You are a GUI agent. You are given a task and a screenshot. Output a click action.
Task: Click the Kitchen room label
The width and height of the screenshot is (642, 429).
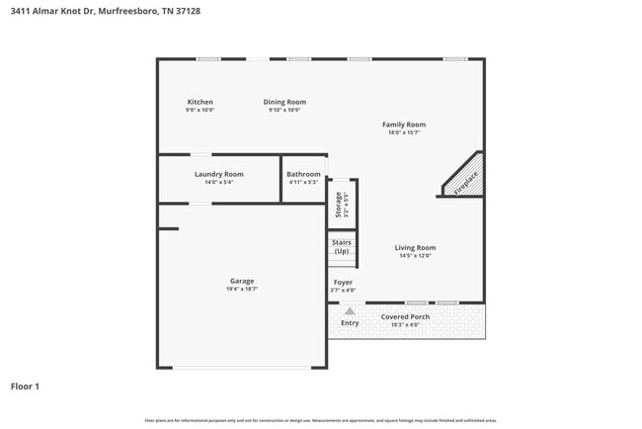click(x=201, y=102)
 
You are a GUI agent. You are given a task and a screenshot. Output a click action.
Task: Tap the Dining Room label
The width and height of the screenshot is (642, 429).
click(x=284, y=102)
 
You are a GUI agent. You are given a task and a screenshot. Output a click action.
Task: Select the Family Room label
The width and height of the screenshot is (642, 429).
click(x=404, y=125)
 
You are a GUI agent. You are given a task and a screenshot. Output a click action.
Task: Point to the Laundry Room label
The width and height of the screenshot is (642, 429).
click(x=218, y=174)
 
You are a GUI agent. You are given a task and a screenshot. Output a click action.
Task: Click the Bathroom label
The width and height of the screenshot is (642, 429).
click(x=303, y=174)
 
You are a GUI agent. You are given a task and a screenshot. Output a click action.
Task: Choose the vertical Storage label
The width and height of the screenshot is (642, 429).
click(x=340, y=204)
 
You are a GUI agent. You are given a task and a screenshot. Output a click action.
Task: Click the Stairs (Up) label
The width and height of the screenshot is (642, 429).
click(x=342, y=246)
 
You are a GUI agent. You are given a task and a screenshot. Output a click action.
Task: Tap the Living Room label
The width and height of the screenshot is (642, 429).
click(x=415, y=248)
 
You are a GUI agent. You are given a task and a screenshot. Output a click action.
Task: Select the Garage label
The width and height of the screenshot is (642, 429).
click(x=242, y=281)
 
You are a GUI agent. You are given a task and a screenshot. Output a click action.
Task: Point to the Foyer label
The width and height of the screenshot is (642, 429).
click(x=342, y=282)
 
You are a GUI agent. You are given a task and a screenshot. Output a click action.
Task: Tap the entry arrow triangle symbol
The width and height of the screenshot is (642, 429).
click(x=350, y=310)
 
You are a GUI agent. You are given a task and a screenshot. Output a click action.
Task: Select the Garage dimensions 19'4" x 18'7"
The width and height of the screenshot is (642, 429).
click(x=242, y=290)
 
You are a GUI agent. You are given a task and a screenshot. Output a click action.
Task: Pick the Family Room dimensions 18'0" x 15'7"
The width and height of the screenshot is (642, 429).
click(x=404, y=132)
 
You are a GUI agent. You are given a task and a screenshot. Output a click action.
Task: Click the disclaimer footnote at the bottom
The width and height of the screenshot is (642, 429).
click(x=321, y=422)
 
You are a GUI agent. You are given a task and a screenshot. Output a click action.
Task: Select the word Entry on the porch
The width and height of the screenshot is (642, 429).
click(x=350, y=323)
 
